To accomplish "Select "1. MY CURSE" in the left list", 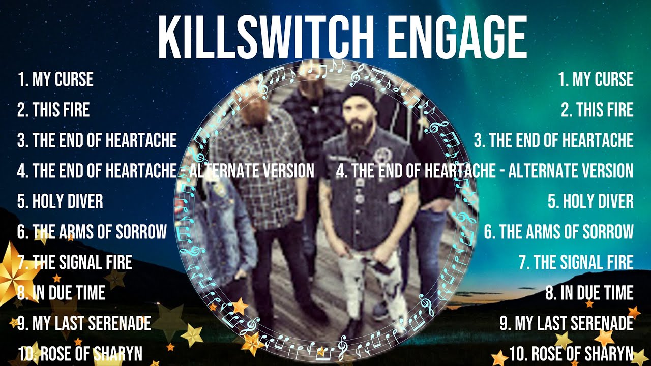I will click(55, 79).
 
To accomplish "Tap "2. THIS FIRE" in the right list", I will click(597, 110).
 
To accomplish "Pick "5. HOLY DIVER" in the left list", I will click(60, 201).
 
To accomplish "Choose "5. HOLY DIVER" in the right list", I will click(590, 201).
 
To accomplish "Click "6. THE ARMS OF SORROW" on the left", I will click(92, 232).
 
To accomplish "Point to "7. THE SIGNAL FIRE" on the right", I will click(576, 262).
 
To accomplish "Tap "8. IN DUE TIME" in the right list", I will click(589, 293).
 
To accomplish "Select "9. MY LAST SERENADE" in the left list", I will click(84, 323).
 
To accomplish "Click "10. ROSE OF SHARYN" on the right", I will click(571, 353).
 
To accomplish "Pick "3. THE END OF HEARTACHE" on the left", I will click(97, 140).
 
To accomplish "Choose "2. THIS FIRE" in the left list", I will click(53, 110).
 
